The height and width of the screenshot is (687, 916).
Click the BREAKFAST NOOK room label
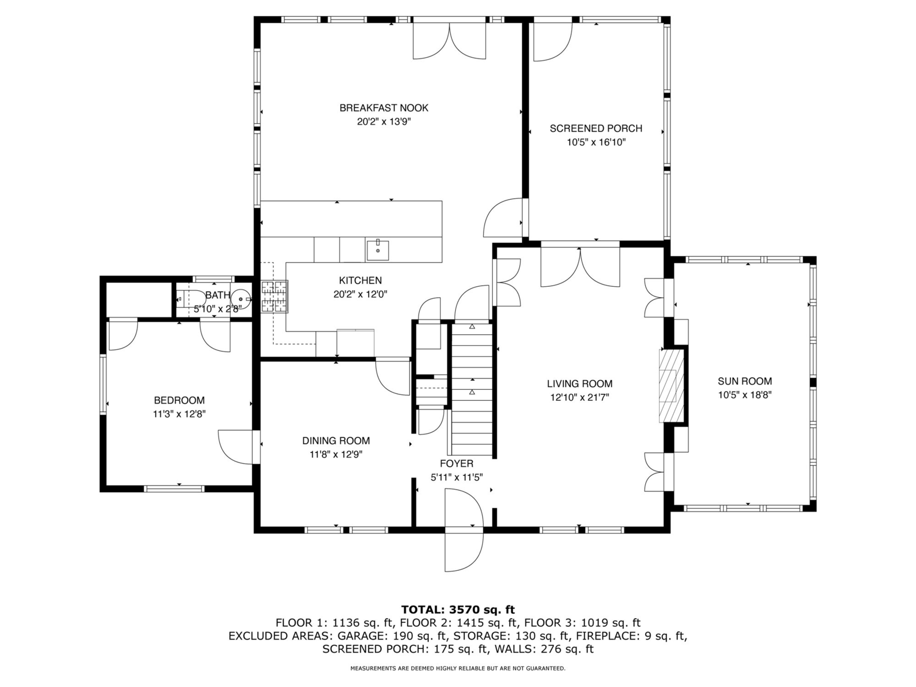[384, 108]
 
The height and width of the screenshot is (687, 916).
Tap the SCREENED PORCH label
[596, 128]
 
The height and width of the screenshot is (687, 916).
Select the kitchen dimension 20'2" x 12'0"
[360, 294]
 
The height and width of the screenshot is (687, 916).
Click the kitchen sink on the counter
[378, 250]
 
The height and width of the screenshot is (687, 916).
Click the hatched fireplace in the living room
[671, 386]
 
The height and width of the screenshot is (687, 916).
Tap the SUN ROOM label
[745, 381]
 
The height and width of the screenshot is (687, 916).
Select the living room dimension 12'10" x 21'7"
[579, 397]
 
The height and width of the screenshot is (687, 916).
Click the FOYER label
[456, 463]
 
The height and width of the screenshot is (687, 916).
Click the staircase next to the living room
[472, 389]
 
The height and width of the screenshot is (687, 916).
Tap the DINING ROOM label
[336, 440]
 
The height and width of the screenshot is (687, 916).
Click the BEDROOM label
[179, 400]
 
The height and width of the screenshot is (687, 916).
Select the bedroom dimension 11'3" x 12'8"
[179, 414]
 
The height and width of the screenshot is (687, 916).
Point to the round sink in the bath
[241, 299]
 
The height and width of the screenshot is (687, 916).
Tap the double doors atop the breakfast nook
[449, 41]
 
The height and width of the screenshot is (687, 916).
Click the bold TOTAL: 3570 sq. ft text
[458, 610]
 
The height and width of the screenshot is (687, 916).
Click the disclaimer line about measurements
[458, 668]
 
